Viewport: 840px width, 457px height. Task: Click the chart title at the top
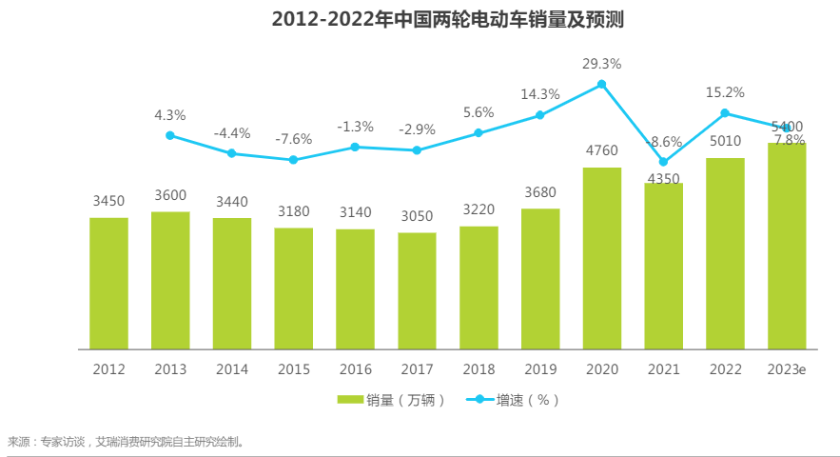tap(420, 19)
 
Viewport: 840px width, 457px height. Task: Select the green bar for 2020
tap(601, 258)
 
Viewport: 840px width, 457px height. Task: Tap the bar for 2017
tap(417, 290)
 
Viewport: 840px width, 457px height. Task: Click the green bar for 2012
tap(108, 283)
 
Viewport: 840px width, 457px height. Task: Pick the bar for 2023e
tap(787, 246)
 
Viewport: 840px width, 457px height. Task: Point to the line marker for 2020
tap(601, 85)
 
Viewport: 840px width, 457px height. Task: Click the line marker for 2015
tap(293, 160)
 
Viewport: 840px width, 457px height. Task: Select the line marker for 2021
tap(663, 162)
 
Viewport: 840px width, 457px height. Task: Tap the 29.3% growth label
tap(601, 64)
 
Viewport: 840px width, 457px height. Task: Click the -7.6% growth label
tap(293, 139)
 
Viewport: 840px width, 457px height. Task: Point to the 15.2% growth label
tap(725, 92)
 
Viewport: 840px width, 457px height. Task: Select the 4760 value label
tap(601, 150)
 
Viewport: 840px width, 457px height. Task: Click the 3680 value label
tap(540, 192)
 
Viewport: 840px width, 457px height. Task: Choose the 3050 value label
tap(417, 216)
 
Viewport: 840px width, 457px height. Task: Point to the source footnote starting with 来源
tap(125, 442)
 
